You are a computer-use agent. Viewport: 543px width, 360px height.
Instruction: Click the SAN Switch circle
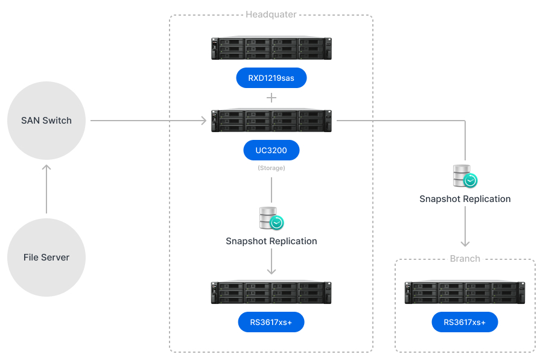click(x=46, y=121)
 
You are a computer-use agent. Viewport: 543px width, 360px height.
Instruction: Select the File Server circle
click(x=46, y=257)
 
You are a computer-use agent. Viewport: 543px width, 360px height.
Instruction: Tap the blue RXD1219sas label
click(x=271, y=78)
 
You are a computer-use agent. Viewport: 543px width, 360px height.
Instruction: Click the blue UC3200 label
click(x=271, y=150)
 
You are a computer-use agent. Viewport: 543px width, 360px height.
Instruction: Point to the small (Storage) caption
click(x=271, y=168)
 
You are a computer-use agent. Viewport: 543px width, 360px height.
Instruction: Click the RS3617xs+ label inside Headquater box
click(x=271, y=322)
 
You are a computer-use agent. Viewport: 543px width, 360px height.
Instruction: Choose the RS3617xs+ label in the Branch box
click(x=465, y=322)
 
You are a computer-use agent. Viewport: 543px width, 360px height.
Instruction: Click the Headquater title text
click(x=271, y=14)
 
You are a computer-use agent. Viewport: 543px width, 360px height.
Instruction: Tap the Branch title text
click(x=465, y=259)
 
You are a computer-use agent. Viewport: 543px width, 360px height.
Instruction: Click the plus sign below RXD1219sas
click(x=271, y=97)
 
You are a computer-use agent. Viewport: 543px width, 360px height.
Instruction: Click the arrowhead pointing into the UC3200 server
click(x=203, y=121)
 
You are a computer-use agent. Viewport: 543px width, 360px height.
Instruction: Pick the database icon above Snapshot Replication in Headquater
click(x=271, y=218)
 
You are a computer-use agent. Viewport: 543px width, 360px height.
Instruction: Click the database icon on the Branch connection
click(x=465, y=176)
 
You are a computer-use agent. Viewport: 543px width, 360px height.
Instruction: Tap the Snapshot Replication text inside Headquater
click(x=271, y=241)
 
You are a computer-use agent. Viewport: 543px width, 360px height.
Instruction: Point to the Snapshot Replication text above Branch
click(x=465, y=199)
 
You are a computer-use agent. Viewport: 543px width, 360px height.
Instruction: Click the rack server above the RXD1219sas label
click(x=271, y=48)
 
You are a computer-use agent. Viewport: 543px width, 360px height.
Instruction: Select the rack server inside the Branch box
click(x=465, y=292)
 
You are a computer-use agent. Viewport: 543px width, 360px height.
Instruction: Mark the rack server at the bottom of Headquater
click(x=271, y=292)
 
